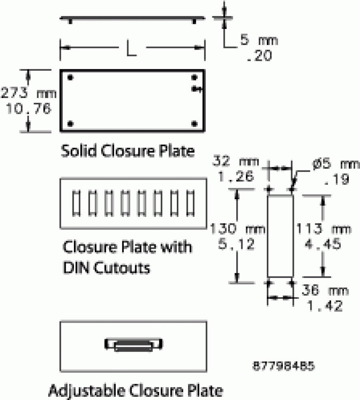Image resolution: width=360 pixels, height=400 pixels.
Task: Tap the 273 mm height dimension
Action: [x=28, y=93]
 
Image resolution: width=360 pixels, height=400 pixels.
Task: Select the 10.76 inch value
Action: [x=28, y=108]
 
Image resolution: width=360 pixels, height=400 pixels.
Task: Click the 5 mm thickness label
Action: [x=259, y=40]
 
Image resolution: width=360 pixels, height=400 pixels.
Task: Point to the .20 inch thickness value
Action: [x=260, y=56]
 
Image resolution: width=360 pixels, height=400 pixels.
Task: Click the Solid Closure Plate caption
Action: [x=128, y=151]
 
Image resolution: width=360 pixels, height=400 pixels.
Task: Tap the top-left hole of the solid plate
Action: [x=70, y=77]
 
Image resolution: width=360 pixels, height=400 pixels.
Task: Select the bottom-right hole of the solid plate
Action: [x=194, y=124]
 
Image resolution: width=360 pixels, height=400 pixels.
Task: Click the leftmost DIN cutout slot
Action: [x=76, y=203]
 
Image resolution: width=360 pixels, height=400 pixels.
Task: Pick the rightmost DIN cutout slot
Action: [x=190, y=203]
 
